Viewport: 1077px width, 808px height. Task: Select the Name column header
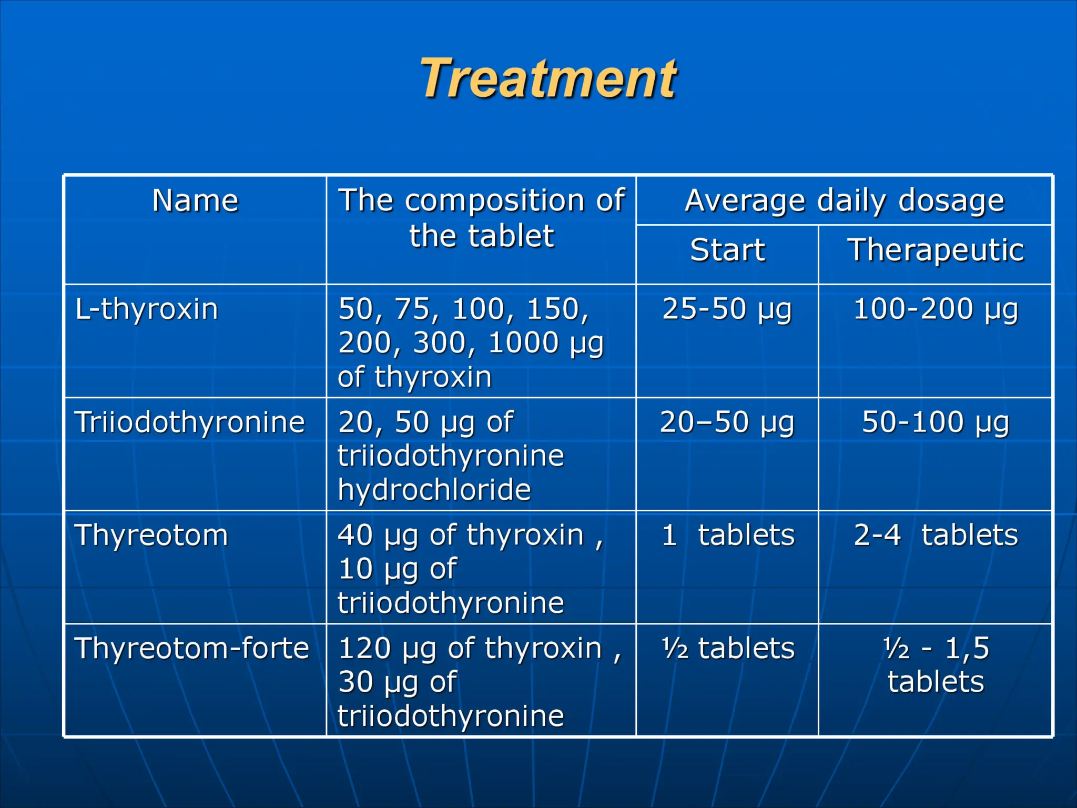click(x=195, y=201)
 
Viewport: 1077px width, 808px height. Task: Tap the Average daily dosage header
click(x=844, y=201)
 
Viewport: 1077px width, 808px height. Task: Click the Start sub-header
click(x=727, y=250)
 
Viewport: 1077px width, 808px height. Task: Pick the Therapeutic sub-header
click(x=935, y=250)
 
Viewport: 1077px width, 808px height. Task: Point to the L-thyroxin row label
click(x=146, y=309)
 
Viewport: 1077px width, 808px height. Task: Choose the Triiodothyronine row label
click(x=189, y=422)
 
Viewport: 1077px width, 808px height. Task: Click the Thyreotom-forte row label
click(x=191, y=648)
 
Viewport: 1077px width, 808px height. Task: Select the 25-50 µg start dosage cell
click(x=727, y=309)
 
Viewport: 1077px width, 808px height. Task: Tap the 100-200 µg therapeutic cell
click(x=935, y=309)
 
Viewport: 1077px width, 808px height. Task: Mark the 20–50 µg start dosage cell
click(x=727, y=422)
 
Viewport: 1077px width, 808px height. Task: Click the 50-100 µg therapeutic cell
click(x=935, y=422)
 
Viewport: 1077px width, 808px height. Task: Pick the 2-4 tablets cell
click(x=935, y=536)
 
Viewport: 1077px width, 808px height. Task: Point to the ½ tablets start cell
click(x=727, y=649)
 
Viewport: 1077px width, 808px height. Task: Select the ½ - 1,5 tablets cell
click(x=935, y=665)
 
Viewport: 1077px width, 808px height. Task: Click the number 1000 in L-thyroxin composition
click(x=523, y=343)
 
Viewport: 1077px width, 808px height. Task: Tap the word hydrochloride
click(x=434, y=490)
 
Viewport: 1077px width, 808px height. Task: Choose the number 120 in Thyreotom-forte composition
click(x=363, y=648)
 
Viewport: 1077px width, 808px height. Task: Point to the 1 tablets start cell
click(x=727, y=536)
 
